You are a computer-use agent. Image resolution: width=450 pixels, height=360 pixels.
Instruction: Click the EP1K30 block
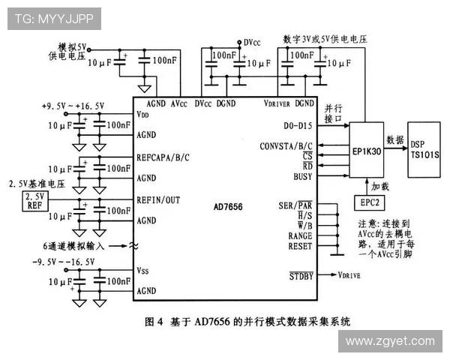pyautogui.click(x=368, y=151)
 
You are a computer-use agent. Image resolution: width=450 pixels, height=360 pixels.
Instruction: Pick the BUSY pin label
pyautogui.click(x=303, y=176)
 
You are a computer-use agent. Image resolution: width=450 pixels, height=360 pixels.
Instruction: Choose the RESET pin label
pyautogui.click(x=300, y=246)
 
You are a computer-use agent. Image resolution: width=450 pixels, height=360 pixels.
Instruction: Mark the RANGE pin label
pyautogui.click(x=300, y=235)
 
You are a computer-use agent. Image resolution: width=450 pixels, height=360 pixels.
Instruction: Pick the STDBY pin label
pyautogui.click(x=301, y=275)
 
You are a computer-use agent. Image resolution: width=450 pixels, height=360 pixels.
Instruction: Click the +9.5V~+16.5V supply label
pyautogui.click(x=73, y=106)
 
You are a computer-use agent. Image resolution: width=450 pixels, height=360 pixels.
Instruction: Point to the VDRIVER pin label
pyautogui.click(x=278, y=103)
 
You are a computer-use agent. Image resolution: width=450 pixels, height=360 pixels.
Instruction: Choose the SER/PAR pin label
pyautogui.click(x=295, y=205)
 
